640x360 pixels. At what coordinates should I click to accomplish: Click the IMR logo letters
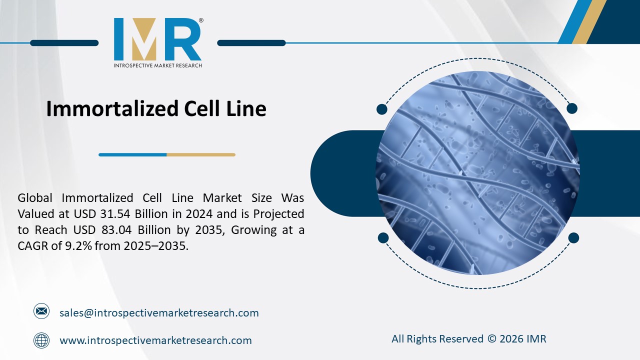coord(157,39)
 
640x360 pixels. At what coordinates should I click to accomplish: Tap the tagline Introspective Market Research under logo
coord(158,65)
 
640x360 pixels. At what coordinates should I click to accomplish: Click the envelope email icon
coord(41,311)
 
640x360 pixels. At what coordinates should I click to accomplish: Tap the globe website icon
coord(41,340)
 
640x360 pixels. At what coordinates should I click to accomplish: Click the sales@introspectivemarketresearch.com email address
coord(159,313)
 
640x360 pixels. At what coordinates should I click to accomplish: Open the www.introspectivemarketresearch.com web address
coord(155,340)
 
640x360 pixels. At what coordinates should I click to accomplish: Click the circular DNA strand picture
coord(477,173)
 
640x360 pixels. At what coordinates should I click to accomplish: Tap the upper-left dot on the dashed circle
coord(382,109)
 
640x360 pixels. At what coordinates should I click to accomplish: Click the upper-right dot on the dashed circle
coord(572,108)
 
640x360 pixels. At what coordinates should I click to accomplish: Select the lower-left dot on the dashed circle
coord(383,237)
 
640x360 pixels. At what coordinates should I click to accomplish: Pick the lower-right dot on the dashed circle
coord(573,237)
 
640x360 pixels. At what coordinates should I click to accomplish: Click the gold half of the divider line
coord(200,154)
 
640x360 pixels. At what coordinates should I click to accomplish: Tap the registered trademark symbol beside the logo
coord(201,20)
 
